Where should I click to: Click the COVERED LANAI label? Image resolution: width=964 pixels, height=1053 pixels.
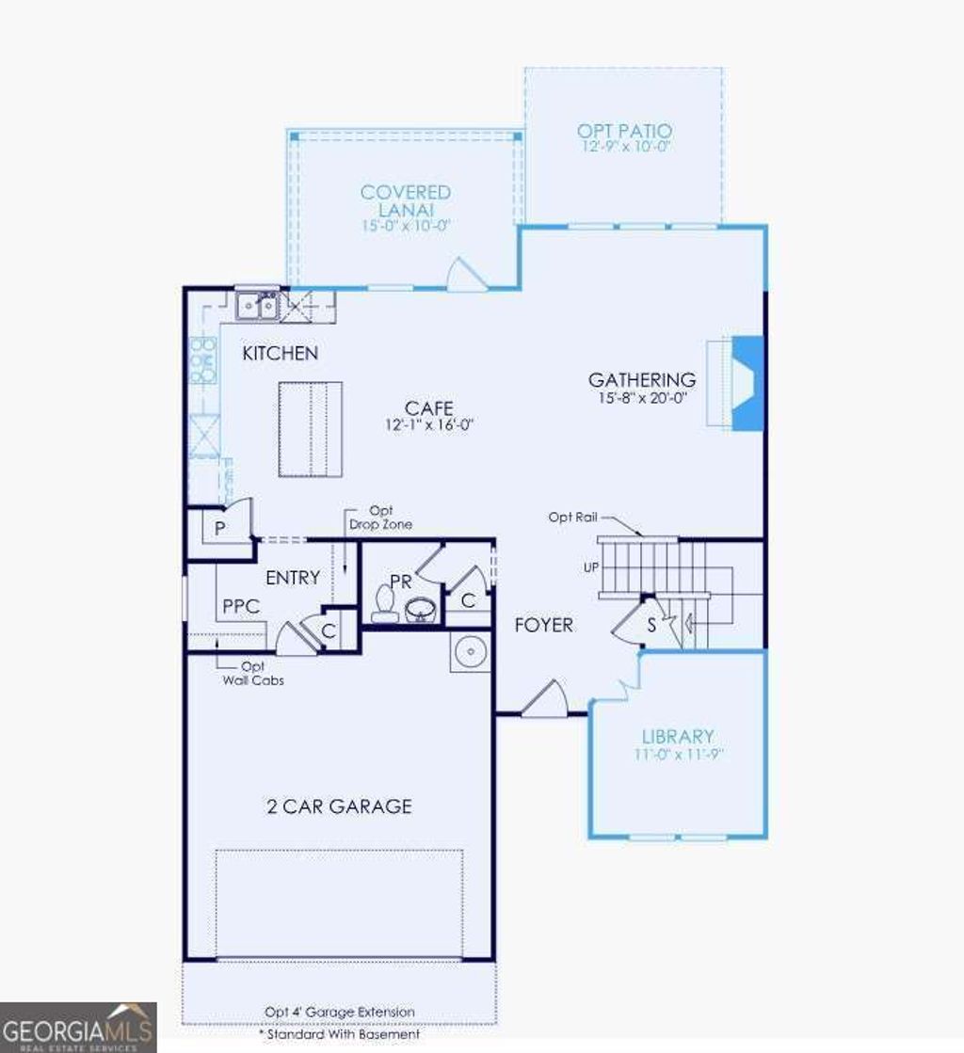pos(406,200)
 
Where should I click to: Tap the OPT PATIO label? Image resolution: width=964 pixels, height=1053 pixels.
pos(624,131)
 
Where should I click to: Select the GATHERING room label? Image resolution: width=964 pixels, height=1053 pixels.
pos(642,380)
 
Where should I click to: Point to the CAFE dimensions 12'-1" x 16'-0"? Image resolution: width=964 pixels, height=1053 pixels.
pos(429,424)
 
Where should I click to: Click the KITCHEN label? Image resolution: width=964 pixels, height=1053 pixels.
pos(280,354)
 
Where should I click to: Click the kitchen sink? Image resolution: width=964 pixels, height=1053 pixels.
pos(256,304)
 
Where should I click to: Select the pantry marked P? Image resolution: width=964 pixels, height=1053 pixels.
pos(219,529)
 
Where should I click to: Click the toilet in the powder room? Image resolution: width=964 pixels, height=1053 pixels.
pos(383,605)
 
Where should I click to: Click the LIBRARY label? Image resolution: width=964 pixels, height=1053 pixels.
pos(678,737)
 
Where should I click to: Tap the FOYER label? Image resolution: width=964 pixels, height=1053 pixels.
pos(543,625)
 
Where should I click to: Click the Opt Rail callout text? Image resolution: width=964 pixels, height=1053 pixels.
pos(571,518)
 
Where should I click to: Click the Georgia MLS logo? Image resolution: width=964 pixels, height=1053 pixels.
pos(78,1027)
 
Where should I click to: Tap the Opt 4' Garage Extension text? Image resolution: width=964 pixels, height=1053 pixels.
pos(339,1013)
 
